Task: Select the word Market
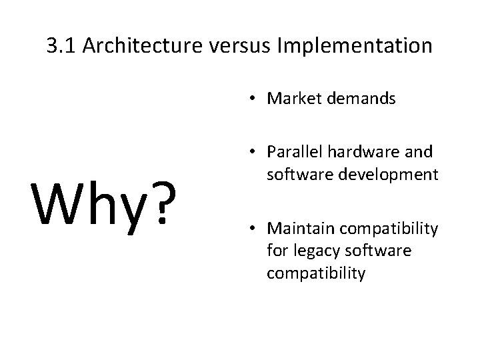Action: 295,99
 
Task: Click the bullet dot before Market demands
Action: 255,100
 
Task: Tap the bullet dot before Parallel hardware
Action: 255,153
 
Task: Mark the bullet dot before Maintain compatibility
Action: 255,230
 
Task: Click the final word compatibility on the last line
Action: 316,274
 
